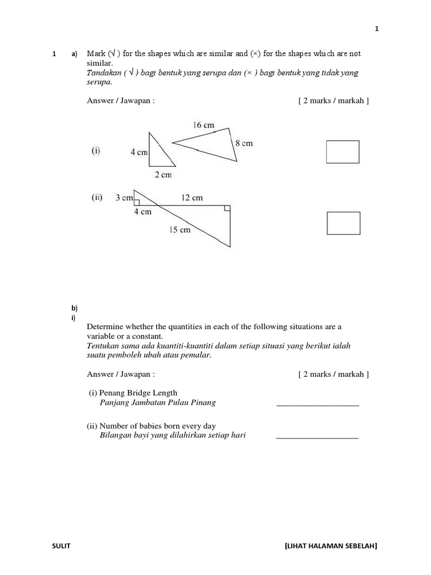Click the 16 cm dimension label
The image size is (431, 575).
[204, 125]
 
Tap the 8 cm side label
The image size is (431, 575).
[244, 143]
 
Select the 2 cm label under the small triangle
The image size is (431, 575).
[163, 175]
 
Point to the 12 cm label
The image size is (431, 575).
[192, 198]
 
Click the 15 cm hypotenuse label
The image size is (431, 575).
[180, 230]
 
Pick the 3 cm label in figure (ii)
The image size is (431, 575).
[124, 198]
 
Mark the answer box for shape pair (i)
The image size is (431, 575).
[343, 152]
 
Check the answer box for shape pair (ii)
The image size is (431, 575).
[343, 223]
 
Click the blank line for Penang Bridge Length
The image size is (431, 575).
[318, 404]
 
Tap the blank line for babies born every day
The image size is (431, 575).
[318, 436]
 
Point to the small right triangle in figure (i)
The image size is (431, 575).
[158, 154]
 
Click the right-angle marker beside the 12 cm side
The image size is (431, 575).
[227, 209]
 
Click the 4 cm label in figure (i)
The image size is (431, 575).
[139, 152]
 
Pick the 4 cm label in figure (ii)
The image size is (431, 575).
[143, 212]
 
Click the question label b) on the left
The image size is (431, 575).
[74, 308]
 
